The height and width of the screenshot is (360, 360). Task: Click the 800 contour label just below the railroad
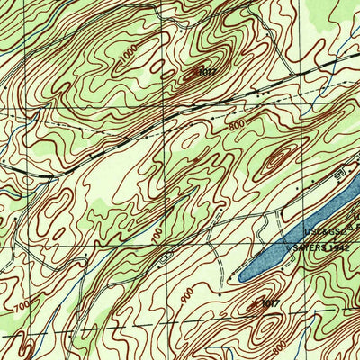tap(237, 128)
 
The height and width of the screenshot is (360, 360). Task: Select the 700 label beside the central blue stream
tap(159, 237)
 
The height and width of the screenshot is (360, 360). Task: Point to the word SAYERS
tap(309, 245)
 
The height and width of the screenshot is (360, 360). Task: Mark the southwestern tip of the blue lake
tap(241, 275)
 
